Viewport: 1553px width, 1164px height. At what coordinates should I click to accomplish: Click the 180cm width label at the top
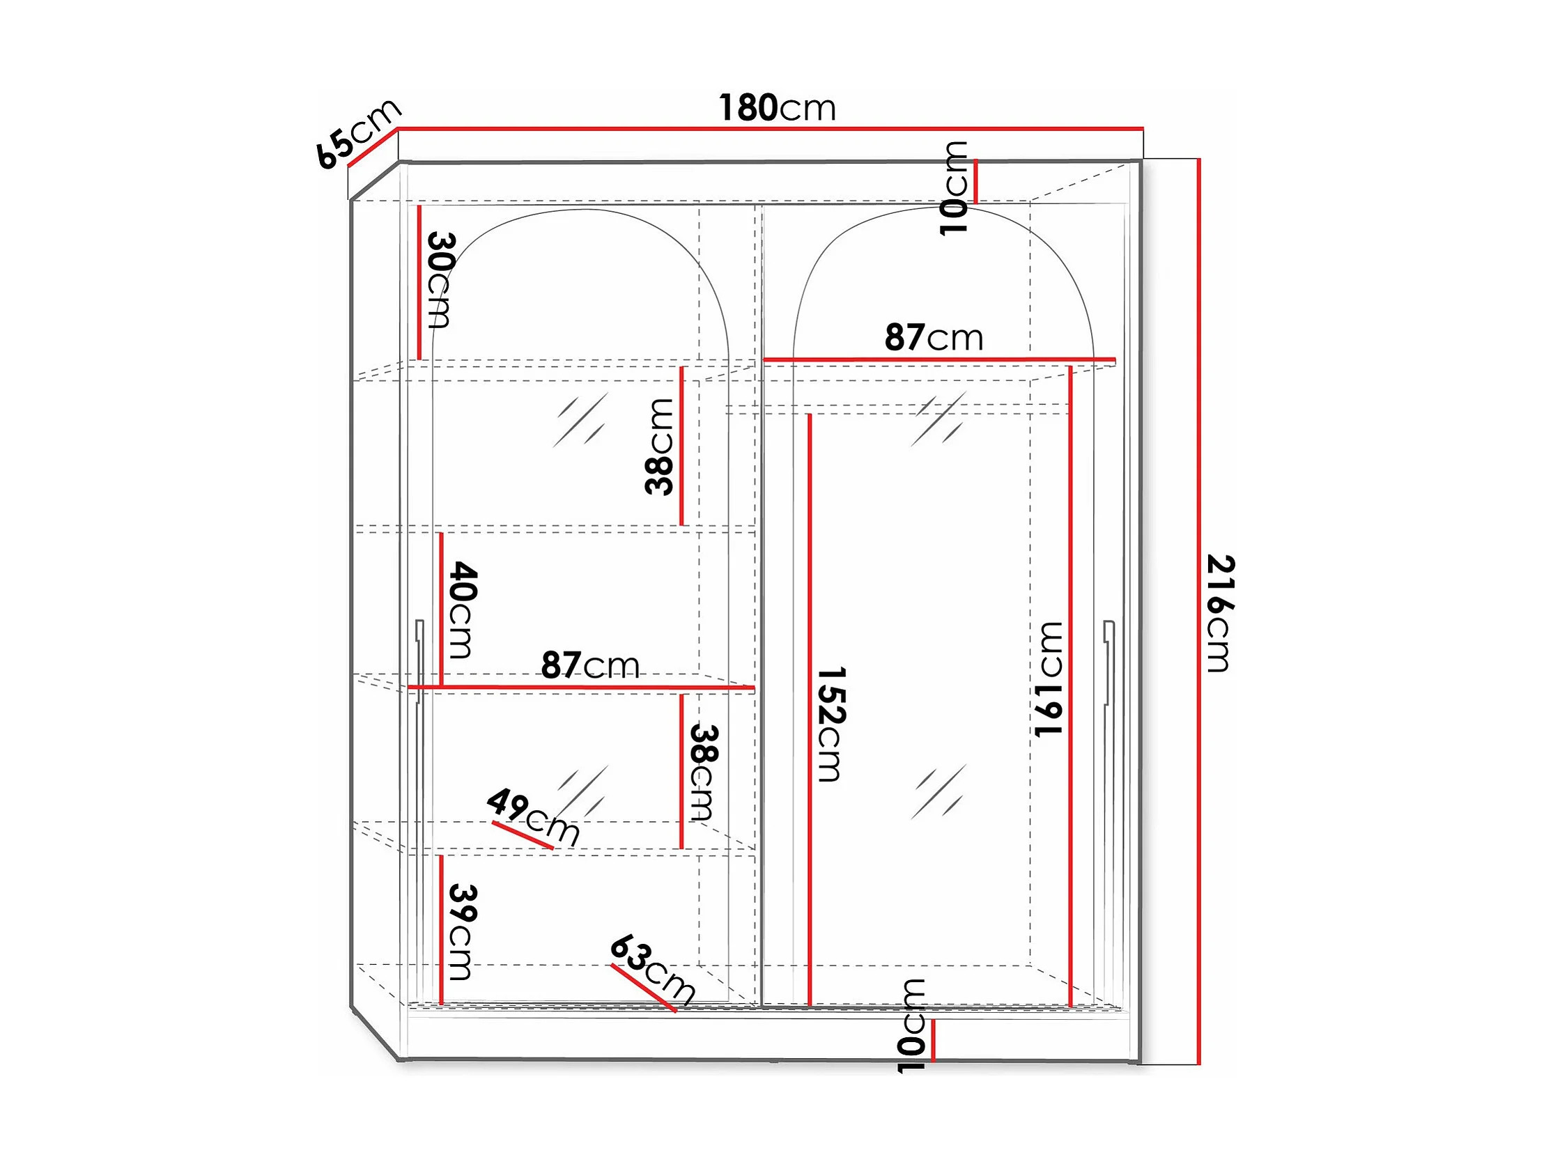coord(778,108)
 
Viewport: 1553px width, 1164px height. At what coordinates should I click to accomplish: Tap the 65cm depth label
coord(358,133)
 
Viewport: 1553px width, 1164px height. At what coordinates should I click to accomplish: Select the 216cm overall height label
coord(1220,613)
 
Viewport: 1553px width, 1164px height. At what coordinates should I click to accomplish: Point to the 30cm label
coord(440,280)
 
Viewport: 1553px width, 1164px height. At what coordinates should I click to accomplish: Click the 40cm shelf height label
coord(462,610)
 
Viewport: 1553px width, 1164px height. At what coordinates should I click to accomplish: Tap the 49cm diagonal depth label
coord(534,817)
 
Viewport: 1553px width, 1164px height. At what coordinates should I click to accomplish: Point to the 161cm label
coord(1049,679)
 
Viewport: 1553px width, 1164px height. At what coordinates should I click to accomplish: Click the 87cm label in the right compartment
coord(934,338)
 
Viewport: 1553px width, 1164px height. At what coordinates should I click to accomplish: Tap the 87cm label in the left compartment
coord(590,665)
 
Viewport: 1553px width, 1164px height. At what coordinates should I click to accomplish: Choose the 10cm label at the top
coord(954,188)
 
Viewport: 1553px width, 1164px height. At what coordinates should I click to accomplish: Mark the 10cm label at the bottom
coord(911,1025)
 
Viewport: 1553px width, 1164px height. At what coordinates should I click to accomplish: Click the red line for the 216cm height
coord(1199,612)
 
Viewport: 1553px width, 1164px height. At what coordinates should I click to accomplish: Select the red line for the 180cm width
coord(771,129)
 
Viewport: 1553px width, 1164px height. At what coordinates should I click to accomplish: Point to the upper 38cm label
coord(659,447)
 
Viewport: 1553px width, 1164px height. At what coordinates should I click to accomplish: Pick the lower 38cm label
coord(702,773)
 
